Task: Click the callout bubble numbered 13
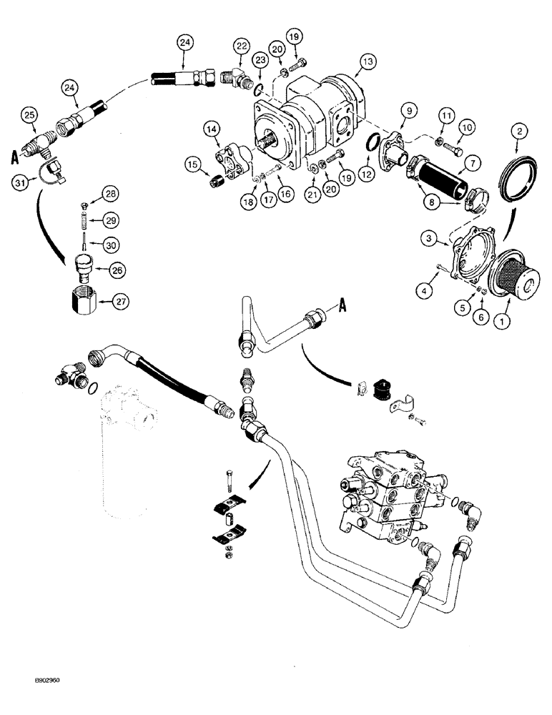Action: pos(368,62)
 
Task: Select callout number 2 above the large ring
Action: pos(518,130)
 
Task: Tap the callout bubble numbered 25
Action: pos(29,114)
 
